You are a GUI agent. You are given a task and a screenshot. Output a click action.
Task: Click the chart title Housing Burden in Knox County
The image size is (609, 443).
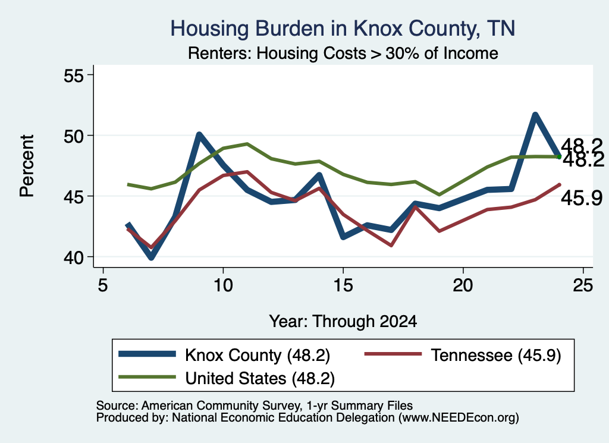point(343,29)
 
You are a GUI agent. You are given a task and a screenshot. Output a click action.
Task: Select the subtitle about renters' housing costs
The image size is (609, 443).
point(343,53)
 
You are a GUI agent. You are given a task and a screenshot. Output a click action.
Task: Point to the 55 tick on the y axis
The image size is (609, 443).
point(74,75)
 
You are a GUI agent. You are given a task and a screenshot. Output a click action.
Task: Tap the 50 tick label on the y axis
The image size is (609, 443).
point(74,136)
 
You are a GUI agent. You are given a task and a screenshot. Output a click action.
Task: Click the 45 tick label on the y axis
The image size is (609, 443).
point(74,196)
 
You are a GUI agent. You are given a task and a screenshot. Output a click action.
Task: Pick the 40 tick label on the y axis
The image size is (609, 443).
point(74,257)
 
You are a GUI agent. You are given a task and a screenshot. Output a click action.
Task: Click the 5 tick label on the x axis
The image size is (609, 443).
point(102,285)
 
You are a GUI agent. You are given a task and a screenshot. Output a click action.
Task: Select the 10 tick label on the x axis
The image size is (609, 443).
point(222,285)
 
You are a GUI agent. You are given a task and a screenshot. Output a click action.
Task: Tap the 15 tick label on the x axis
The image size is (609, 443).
point(343,285)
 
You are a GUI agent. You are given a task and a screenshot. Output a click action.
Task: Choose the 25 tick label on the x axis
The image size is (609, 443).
point(583,285)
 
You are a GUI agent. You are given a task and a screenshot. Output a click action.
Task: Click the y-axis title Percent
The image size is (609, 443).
point(27,166)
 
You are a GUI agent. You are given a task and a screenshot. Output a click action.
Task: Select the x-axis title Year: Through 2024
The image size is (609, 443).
point(343,322)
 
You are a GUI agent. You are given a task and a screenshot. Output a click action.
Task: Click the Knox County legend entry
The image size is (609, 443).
point(224,355)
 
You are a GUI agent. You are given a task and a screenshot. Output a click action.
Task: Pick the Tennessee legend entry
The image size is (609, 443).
point(463,355)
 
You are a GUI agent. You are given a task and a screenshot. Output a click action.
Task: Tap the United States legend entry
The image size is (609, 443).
point(227,378)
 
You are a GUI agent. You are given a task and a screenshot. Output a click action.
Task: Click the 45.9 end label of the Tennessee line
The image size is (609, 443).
point(582,198)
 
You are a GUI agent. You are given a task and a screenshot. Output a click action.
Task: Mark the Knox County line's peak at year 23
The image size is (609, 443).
point(535,115)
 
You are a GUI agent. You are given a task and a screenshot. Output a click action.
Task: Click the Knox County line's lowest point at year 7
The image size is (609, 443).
point(151,257)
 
